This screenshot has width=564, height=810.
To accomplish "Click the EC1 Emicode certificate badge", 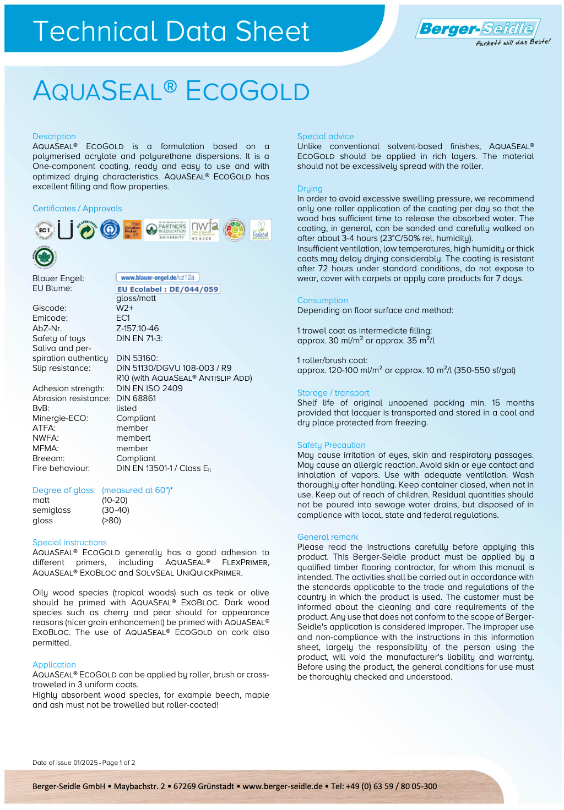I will coord(44,230).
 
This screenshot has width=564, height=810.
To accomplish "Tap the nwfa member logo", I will coord(205,230).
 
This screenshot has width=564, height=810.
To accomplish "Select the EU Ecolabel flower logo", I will coord(261,230).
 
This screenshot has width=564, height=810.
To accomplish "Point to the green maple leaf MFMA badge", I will coord(44,257).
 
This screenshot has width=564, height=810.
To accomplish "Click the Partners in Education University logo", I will coord(166,230).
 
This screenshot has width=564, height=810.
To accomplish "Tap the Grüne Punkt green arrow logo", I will coord(86,230).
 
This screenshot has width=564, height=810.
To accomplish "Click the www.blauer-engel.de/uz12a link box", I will coord(158,277).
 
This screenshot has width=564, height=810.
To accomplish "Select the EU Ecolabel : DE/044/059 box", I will coord(168,289).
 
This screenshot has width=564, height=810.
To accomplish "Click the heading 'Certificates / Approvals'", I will coord(77,209).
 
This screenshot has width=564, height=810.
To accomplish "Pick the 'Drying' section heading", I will coord(310,189).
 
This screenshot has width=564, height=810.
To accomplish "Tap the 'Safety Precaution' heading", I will coord(331,445).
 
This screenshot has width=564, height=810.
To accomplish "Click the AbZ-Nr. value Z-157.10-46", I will coord(137,329).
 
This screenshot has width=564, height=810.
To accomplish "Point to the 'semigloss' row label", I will coord(52,510).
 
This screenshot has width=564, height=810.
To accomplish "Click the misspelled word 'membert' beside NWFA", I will coord(133,438).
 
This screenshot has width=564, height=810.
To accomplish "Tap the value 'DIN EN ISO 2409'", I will coord(149,388).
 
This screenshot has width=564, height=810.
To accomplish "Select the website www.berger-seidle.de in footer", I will coord(283,786).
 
